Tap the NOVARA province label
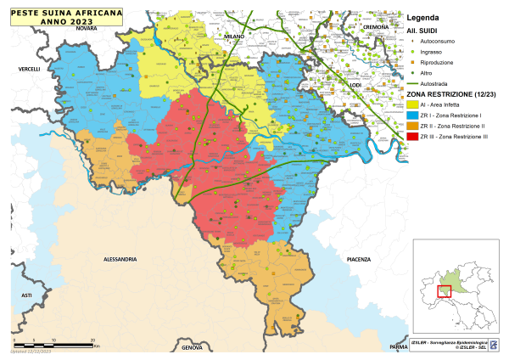click(x=87, y=29)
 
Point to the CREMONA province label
click(x=375, y=28)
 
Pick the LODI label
click(x=355, y=85)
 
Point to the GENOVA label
click(x=193, y=347)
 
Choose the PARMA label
click(x=399, y=347)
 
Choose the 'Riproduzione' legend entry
click(x=439, y=62)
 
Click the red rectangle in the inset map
click(x=444, y=291)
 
